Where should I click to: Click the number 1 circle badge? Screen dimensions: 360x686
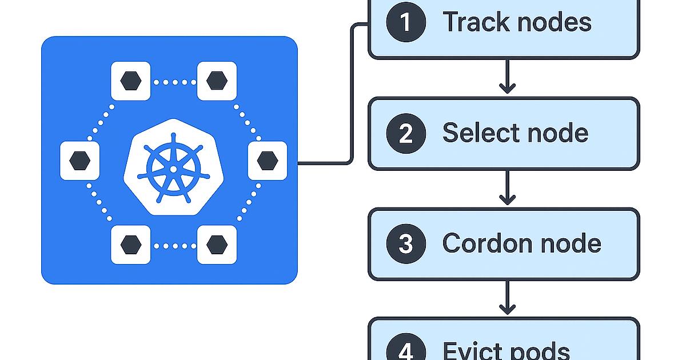(x=406, y=23)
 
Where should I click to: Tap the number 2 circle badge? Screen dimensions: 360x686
(x=406, y=133)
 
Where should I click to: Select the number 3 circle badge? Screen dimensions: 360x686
(x=406, y=244)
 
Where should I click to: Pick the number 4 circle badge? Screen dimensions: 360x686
(x=406, y=350)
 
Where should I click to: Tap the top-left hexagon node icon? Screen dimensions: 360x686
(x=130, y=81)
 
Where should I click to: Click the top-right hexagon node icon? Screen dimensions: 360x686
(x=217, y=81)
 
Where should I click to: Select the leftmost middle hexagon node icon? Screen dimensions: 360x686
(x=80, y=161)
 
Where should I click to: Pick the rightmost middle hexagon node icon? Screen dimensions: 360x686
(x=267, y=161)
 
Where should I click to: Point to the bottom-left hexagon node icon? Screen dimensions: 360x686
(x=130, y=245)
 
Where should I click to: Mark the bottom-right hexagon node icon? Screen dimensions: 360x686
(x=217, y=245)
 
